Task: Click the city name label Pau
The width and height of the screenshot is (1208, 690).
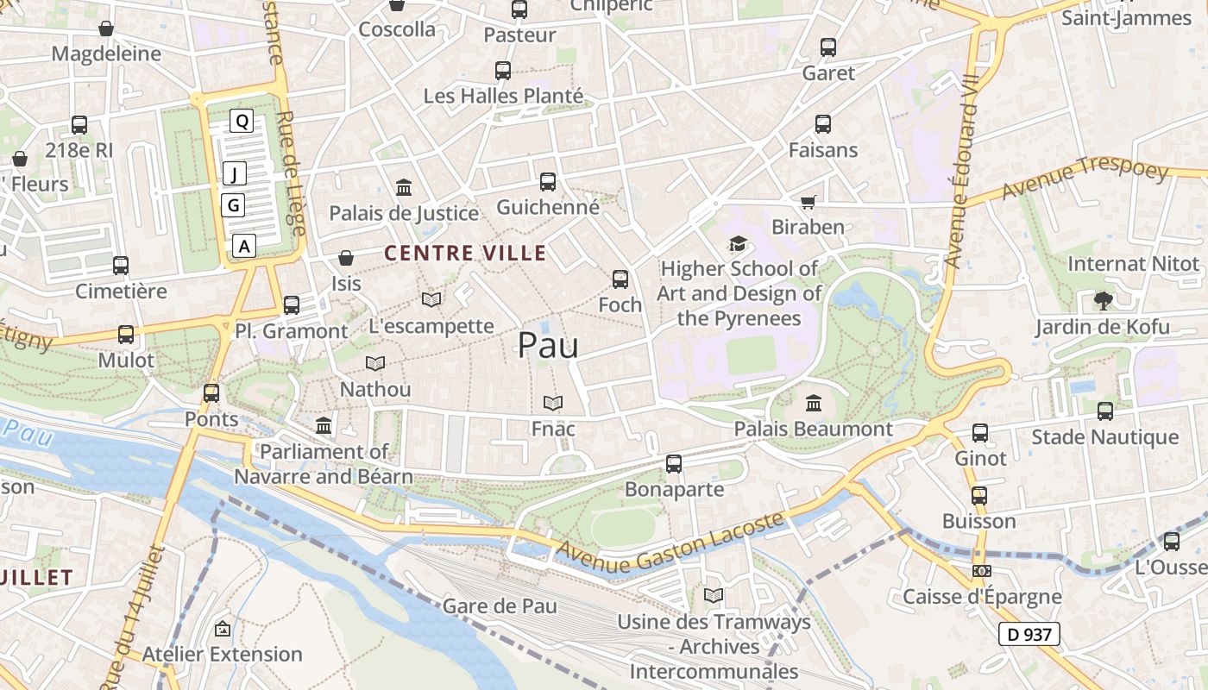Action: (548, 346)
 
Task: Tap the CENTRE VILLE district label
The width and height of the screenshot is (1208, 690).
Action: (465, 253)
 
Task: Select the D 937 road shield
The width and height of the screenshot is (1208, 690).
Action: (1029, 634)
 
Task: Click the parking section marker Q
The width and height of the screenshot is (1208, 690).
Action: (242, 122)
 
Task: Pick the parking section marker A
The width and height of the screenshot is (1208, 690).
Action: (245, 246)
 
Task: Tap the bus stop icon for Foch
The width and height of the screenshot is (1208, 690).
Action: (620, 279)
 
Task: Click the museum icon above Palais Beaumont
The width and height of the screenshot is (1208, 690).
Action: (813, 403)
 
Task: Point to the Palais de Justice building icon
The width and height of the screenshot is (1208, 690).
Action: (403, 187)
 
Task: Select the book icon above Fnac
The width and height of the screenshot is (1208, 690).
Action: (553, 403)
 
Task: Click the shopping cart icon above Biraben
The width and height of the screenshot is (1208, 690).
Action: (808, 202)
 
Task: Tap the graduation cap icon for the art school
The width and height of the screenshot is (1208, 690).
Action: (738, 244)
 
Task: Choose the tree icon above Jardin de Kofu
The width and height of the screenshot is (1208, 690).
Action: (1103, 301)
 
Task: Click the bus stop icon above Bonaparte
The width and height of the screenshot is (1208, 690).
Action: (674, 464)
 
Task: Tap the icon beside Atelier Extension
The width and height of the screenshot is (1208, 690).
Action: (223, 629)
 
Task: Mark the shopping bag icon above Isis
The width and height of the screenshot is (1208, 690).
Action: (346, 258)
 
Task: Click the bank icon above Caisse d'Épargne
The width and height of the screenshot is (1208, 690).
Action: (981, 571)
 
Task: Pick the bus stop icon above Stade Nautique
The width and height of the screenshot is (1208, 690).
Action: (1105, 411)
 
